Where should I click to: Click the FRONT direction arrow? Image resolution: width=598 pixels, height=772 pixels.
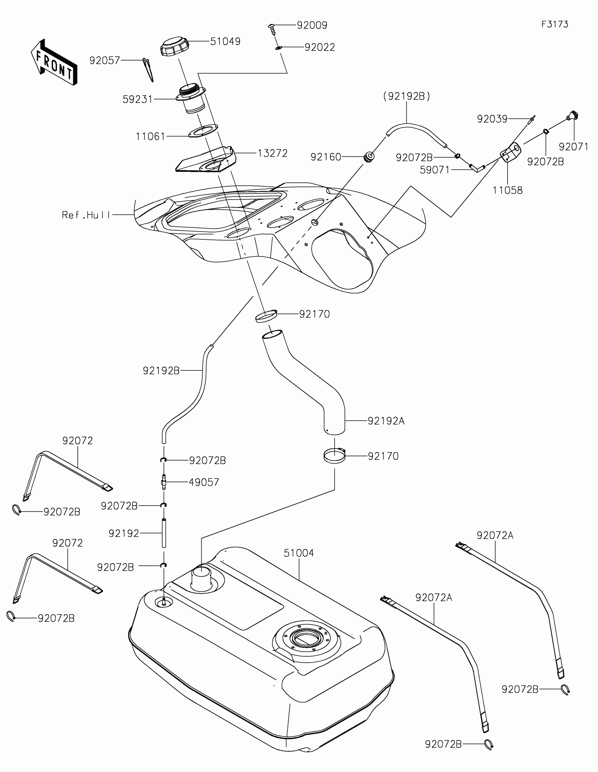[54, 62]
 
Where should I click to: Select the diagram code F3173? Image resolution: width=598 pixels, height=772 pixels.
[554, 24]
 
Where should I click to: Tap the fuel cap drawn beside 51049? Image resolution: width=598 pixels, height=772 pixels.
[175, 46]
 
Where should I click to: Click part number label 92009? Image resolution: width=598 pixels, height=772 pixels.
[312, 25]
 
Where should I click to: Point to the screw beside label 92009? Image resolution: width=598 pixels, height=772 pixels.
[273, 28]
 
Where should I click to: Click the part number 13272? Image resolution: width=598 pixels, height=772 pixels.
[272, 153]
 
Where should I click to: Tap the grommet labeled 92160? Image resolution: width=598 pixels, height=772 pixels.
[369, 156]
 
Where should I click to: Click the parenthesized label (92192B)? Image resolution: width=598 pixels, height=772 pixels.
[407, 96]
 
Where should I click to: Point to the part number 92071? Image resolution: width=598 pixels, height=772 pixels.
[574, 146]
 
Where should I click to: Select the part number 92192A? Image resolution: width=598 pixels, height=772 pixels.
[386, 421]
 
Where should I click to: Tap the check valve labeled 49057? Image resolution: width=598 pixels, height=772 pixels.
[164, 482]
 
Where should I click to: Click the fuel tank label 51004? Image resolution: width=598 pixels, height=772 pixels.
[298, 553]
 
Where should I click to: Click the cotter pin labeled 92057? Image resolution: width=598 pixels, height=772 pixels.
[148, 69]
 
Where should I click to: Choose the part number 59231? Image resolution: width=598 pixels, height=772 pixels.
[138, 100]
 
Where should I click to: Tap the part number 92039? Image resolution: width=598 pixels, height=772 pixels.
[492, 119]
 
